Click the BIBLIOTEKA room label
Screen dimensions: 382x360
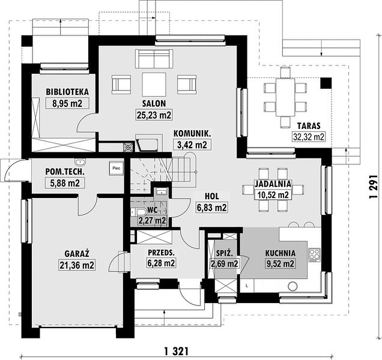point(67,92)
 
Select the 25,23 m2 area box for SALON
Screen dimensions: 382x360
point(154,115)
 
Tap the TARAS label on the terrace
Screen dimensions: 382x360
point(309,126)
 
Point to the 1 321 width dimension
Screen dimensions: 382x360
point(177,351)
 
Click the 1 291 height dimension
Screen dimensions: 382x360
point(373,187)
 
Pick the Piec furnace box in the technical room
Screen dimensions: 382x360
point(117,168)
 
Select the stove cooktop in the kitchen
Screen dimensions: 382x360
point(314,255)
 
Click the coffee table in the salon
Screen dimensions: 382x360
point(154,84)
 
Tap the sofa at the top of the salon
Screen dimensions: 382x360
point(154,59)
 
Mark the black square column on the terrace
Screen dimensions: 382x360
point(326,83)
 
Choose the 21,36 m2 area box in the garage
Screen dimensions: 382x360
point(77,265)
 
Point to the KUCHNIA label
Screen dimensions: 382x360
point(280,253)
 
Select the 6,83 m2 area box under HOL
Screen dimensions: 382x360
point(211,208)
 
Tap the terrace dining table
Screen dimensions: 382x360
point(285,97)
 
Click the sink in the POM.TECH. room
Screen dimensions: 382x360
point(80,162)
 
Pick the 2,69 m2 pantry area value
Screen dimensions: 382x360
point(225,263)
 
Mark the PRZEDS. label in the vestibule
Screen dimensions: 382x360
point(162,253)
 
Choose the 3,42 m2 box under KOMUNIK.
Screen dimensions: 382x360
point(192,145)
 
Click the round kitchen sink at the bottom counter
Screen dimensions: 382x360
point(293,286)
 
